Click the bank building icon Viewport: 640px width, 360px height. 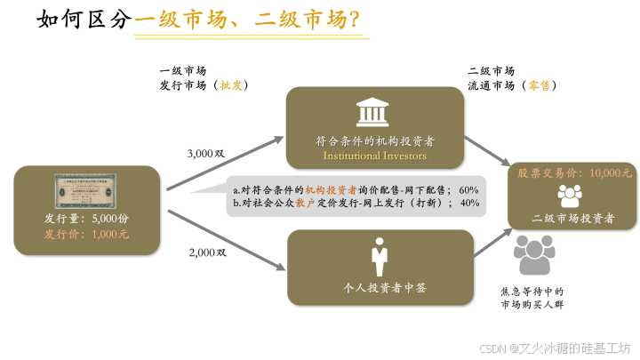tap(374, 112)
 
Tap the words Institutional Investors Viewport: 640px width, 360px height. tap(374, 156)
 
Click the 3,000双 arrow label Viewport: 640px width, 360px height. tap(207, 154)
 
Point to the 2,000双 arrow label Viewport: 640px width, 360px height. tap(208, 252)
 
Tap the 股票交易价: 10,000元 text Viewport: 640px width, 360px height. tap(574, 173)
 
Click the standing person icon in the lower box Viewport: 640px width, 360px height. tap(380, 257)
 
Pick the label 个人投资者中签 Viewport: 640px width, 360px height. tap(380, 287)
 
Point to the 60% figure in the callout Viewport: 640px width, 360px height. tap(469, 189)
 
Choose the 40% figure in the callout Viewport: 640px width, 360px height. tap(469, 203)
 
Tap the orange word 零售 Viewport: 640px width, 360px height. tap(538, 85)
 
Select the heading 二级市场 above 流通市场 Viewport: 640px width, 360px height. tap(492, 70)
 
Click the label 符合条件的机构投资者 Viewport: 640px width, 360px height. tap(374, 140)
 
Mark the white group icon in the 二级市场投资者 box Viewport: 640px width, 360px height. tap(569, 195)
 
